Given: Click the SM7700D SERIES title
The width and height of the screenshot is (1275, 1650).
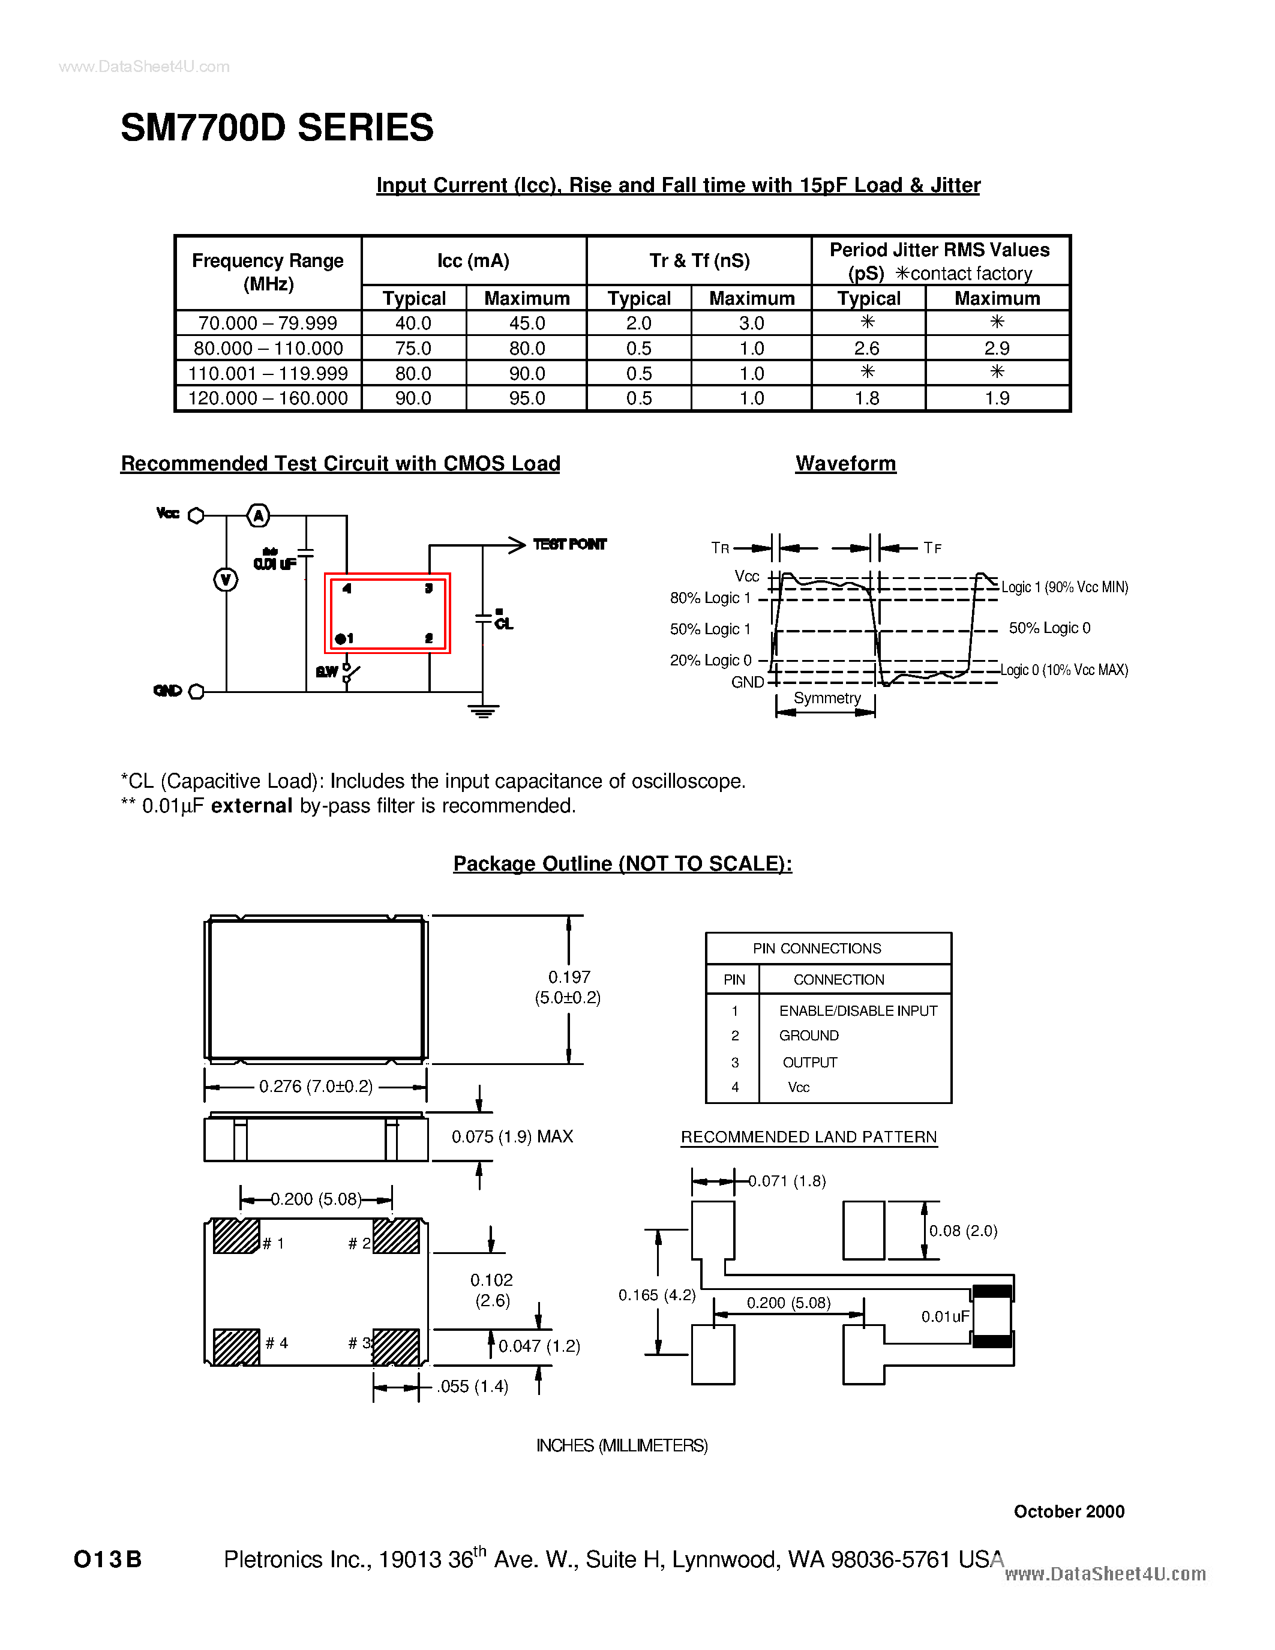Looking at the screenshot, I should click(277, 128).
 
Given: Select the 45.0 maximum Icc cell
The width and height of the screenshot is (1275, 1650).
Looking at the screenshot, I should click(526, 323).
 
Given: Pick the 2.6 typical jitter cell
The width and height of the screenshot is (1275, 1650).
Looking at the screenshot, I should click(867, 348).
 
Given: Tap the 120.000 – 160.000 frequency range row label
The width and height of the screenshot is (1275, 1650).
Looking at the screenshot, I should click(268, 398).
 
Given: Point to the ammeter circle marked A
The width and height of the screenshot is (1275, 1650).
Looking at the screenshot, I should click(259, 516).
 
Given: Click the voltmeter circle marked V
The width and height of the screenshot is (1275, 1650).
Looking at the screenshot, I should click(225, 580).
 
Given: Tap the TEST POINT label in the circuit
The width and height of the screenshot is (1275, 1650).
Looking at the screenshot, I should click(569, 544).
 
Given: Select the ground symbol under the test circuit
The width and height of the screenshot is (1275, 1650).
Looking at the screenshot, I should click(482, 710).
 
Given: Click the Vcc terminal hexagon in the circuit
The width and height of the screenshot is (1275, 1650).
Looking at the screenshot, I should click(196, 516).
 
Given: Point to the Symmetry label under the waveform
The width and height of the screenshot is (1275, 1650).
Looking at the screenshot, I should click(826, 698).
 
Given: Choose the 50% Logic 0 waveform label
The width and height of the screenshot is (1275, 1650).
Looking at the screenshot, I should click(1049, 628).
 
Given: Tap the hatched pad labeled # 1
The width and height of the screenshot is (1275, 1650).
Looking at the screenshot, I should click(236, 1236).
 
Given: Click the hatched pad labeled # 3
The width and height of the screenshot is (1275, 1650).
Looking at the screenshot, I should click(396, 1347).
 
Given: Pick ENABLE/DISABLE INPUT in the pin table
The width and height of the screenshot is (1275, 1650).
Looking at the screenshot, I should click(858, 1011).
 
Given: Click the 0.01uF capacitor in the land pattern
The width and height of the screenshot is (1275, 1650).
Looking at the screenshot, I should click(992, 1316).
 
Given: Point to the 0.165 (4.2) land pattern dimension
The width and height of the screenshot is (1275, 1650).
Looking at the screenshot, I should click(656, 1295).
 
